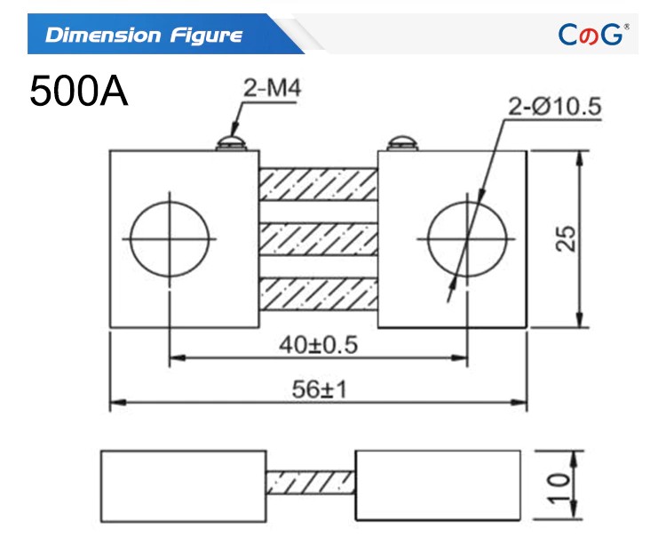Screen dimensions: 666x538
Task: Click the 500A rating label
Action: click(x=78, y=91)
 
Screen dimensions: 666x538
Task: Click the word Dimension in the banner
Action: click(x=103, y=35)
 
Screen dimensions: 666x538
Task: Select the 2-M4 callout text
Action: click(x=273, y=88)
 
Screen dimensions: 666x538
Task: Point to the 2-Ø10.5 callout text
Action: click(x=555, y=106)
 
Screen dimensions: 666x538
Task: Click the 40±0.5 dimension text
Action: click(x=319, y=344)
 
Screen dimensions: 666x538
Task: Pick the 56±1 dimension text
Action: click(x=320, y=389)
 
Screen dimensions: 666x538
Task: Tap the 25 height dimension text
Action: click(x=566, y=238)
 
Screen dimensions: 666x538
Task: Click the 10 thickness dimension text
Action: click(x=559, y=488)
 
